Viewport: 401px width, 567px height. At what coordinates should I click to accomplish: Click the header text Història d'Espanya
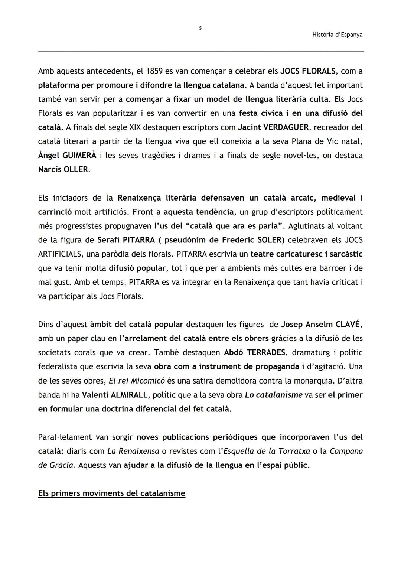[337, 35]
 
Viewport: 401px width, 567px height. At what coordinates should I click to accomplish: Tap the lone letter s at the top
[200, 28]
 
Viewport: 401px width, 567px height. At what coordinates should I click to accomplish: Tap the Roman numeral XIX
[135, 127]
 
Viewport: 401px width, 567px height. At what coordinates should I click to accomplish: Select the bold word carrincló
[55, 212]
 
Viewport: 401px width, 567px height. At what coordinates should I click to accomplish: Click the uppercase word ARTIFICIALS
[60, 254]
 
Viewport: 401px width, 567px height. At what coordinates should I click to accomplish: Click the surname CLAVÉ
[348, 325]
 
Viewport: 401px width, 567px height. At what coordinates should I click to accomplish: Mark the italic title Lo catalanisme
[274, 395]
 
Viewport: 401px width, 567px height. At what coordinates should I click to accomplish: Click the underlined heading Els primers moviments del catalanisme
[111, 493]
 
